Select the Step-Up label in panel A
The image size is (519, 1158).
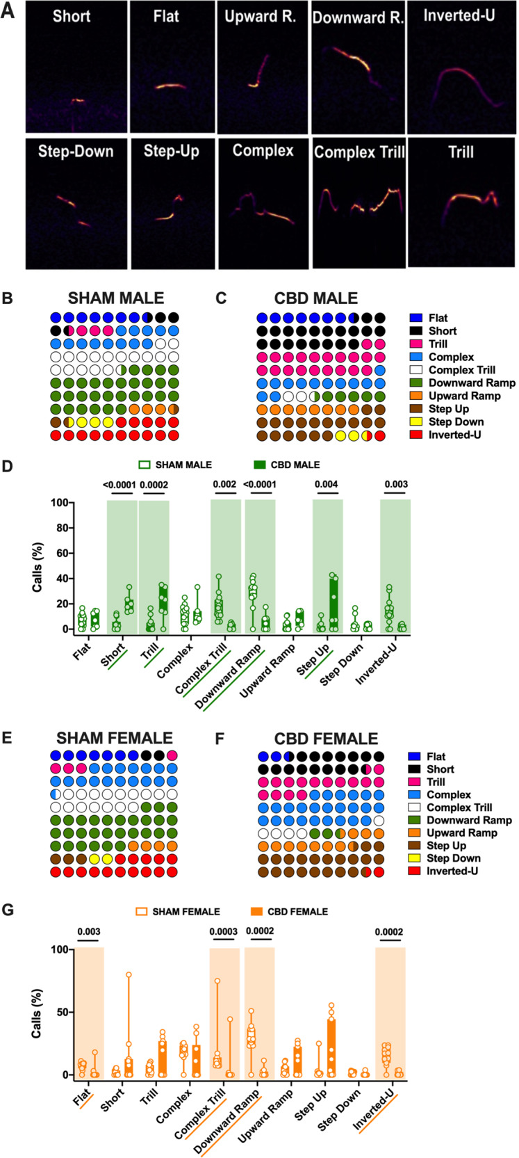click(x=171, y=151)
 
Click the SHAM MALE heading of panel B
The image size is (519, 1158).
click(x=116, y=298)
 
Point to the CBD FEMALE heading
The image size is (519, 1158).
click(x=326, y=738)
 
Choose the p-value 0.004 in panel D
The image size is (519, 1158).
click(x=327, y=484)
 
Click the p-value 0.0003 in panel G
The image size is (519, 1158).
click(x=224, y=931)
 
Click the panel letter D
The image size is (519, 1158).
click(x=8, y=465)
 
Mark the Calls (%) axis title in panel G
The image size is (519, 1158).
click(x=36, y=1012)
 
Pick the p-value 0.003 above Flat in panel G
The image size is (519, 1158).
click(x=88, y=931)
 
